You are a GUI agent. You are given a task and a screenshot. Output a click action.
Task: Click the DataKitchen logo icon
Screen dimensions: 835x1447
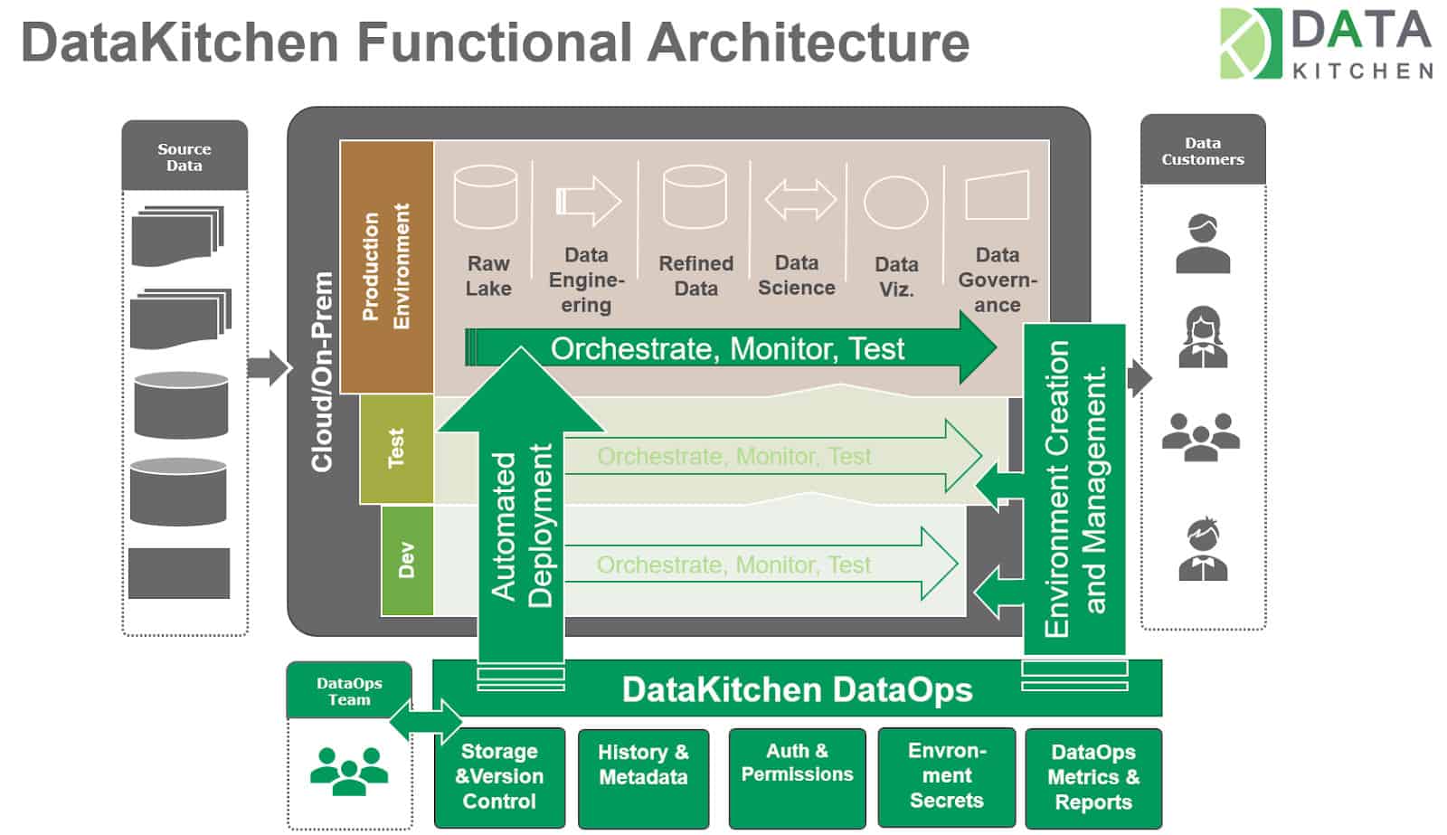click(x=1251, y=43)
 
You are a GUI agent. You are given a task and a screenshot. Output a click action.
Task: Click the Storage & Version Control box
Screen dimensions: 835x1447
click(x=499, y=777)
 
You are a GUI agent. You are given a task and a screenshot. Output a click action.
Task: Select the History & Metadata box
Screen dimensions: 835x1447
click(x=643, y=777)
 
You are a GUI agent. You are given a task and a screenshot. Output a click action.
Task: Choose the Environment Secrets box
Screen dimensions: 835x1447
click(x=946, y=777)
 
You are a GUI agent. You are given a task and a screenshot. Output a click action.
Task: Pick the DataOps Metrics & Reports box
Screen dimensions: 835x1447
click(x=1093, y=777)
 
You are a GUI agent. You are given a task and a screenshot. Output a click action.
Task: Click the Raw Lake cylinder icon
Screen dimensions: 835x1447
click(x=486, y=197)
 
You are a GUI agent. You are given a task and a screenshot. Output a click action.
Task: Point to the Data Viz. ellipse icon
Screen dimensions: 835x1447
click(x=895, y=202)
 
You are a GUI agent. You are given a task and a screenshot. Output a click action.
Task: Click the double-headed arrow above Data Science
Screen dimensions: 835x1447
click(x=800, y=200)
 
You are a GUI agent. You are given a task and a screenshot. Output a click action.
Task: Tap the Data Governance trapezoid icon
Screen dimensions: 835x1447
click(x=998, y=195)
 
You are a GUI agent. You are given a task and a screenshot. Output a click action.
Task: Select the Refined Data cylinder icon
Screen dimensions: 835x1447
click(x=695, y=197)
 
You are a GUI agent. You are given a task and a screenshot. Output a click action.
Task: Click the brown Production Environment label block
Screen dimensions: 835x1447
click(x=387, y=266)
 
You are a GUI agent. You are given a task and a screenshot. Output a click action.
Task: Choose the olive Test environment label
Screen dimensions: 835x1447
click(x=396, y=449)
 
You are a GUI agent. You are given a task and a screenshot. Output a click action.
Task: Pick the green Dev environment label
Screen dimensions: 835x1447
click(x=407, y=560)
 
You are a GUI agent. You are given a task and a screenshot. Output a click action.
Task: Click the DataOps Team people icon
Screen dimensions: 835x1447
click(x=349, y=771)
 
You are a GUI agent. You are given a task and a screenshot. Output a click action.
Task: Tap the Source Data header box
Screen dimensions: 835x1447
click(x=184, y=156)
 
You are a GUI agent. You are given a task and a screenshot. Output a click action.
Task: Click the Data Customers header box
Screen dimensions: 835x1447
click(x=1202, y=150)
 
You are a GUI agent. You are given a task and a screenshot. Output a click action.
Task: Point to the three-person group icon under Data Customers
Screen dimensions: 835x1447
click(x=1201, y=436)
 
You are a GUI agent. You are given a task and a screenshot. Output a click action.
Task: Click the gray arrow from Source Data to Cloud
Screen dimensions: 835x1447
click(x=268, y=368)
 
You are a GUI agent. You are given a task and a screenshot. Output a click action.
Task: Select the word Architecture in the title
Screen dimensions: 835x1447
click(x=809, y=43)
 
